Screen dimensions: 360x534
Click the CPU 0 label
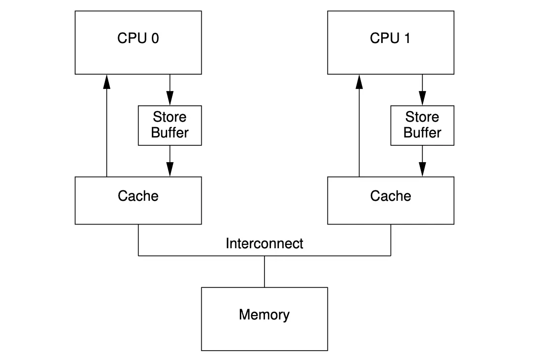pyautogui.click(x=138, y=39)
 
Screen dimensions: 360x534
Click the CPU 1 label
pyautogui.click(x=390, y=39)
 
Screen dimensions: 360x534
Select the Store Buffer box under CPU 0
pyautogui.click(x=170, y=125)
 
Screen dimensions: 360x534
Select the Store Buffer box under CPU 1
pyautogui.click(x=422, y=125)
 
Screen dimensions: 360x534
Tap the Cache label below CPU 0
pyautogui.click(x=138, y=196)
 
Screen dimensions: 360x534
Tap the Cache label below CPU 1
pyautogui.click(x=390, y=196)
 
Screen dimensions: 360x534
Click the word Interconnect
pyautogui.click(x=264, y=243)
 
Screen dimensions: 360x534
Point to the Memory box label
pyautogui.click(x=264, y=315)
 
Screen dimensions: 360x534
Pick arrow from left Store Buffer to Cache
pyautogui.click(x=170, y=161)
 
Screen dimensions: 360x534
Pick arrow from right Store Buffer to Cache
pyautogui.click(x=422, y=161)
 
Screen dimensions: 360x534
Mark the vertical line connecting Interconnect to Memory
pyautogui.click(x=264, y=271)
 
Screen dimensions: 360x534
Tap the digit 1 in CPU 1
pyautogui.click(x=406, y=39)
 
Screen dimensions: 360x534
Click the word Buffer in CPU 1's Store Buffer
pyautogui.click(x=422, y=133)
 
